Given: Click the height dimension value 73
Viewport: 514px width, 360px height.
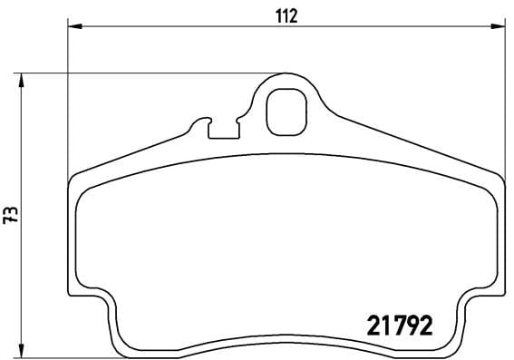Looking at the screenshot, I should tap(11, 215).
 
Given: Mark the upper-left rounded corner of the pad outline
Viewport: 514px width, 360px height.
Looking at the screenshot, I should tap(76, 185).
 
